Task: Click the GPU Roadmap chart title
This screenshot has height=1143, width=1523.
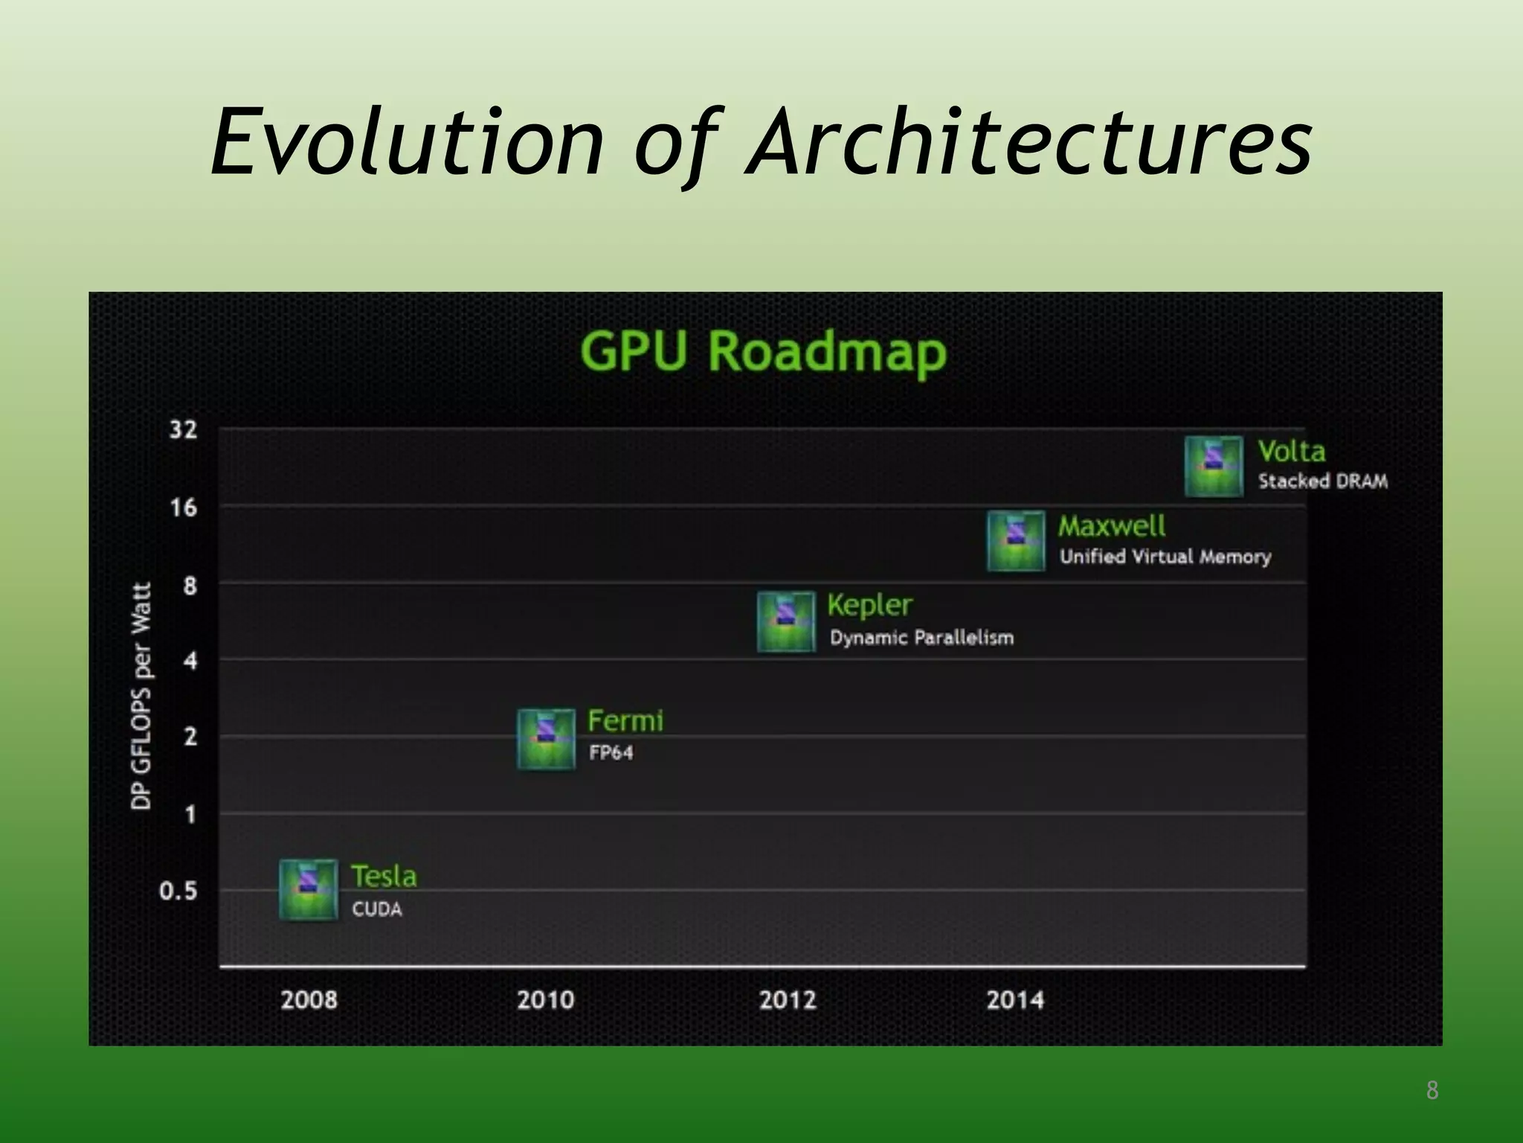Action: [x=763, y=351]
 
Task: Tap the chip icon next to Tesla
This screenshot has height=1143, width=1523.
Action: [x=308, y=890]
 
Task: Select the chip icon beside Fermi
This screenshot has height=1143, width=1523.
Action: [x=546, y=739]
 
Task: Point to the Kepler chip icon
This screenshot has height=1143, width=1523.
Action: [x=786, y=622]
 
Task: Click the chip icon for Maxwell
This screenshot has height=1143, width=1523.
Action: [x=1016, y=541]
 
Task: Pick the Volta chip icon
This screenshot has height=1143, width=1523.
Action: [x=1214, y=467]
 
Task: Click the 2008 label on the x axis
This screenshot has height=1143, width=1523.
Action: [x=309, y=999]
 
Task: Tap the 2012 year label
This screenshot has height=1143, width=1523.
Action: [x=788, y=999]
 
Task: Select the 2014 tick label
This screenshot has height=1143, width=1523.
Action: [x=1015, y=999]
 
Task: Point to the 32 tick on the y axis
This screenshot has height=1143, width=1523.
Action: [x=183, y=429]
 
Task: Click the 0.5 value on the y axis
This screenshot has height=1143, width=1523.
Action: [x=178, y=891]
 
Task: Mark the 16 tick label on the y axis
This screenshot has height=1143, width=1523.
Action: [x=183, y=508]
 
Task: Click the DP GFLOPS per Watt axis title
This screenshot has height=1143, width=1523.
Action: [x=141, y=696]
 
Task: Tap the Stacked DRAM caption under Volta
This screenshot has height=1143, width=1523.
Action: [x=1323, y=481]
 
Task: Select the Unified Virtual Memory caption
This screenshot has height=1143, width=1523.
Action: [x=1165, y=557]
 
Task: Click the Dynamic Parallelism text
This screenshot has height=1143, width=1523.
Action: [x=921, y=638]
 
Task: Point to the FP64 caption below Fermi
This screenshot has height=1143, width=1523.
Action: [x=611, y=753]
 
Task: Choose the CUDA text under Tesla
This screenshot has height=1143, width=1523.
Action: [x=377, y=909]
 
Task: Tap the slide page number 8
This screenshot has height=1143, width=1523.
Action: [x=1432, y=1091]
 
